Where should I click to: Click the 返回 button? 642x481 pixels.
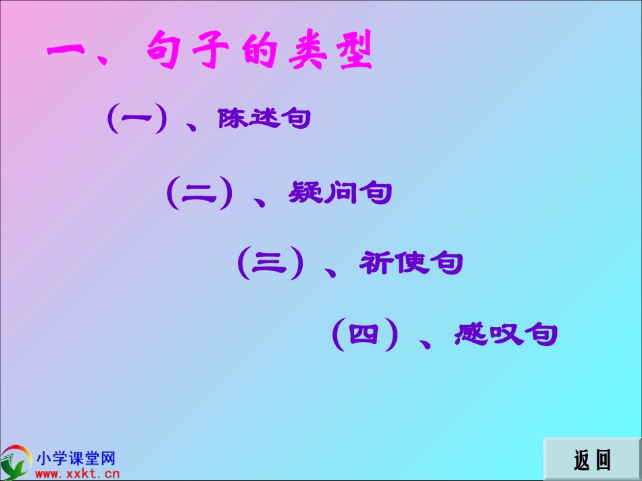pos(592,459)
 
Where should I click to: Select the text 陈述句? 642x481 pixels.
pos(264,119)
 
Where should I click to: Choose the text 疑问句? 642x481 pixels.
pos(340,193)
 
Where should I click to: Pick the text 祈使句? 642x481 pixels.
pos(411,263)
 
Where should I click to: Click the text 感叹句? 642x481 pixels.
pos(506,334)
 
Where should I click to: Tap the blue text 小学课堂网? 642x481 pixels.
pos(76,459)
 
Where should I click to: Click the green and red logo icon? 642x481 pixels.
pos(16,462)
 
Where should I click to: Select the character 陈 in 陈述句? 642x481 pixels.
pos(232,119)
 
